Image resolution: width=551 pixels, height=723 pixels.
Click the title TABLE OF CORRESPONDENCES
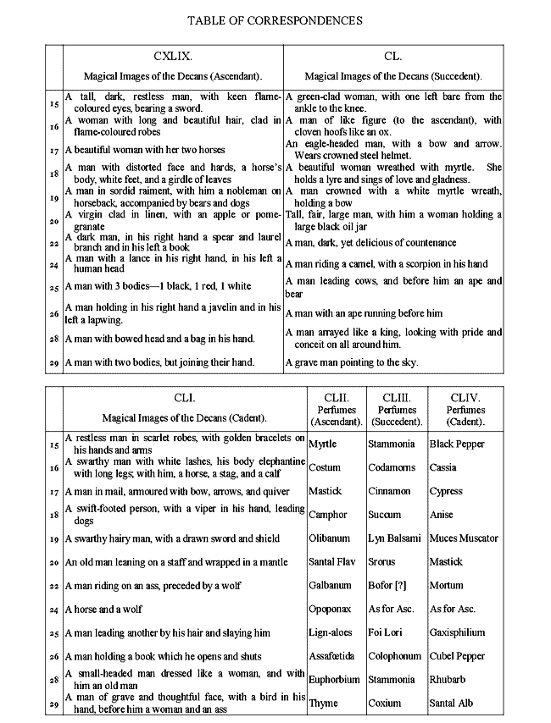tap(275, 19)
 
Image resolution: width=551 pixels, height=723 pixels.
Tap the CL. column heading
tap(392, 56)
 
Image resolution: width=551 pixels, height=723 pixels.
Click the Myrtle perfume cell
tap(323, 444)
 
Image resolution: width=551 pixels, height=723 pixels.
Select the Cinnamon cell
tap(389, 491)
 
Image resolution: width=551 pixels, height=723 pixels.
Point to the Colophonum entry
tap(395, 656)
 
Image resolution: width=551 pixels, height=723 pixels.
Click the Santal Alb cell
tap(451, 703)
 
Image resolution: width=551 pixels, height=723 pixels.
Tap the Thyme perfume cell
tap(323, 703)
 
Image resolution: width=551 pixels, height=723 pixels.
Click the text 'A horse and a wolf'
tap(103, 609)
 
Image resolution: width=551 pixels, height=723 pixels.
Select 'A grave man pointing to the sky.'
tap(352, 362)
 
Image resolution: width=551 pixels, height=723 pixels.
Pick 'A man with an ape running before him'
tap(364, 313)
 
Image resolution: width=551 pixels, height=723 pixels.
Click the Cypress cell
tap(446, 491)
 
